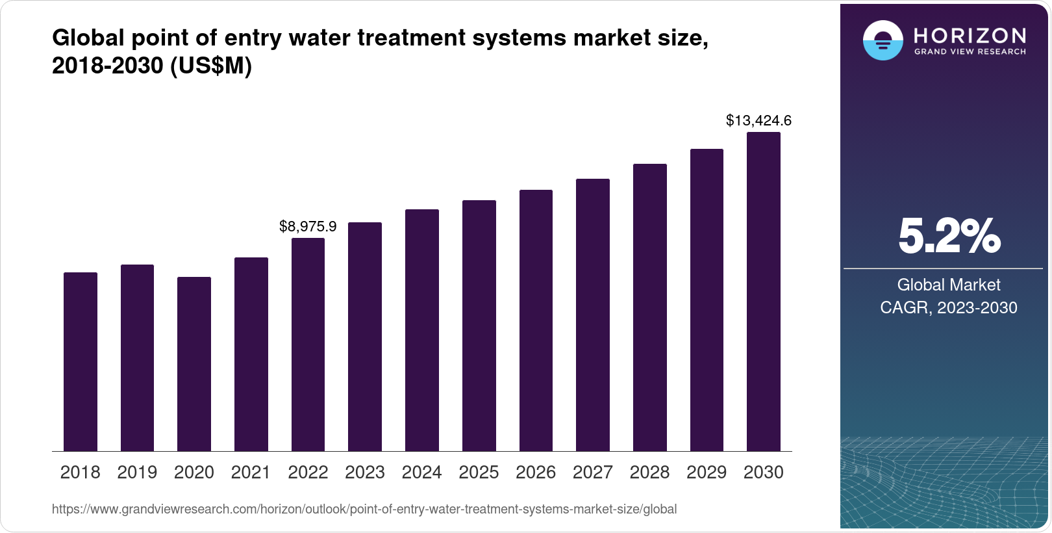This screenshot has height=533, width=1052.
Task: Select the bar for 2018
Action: (x=81, y=361)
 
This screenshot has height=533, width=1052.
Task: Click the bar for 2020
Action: (x=194, y=364)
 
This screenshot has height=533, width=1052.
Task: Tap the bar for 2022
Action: (x=308, y=344)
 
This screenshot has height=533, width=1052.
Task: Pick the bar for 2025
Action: (x=479, y=326)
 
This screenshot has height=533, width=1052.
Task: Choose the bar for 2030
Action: (x=764, y=292)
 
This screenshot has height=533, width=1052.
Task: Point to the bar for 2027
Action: (x=593, y=315)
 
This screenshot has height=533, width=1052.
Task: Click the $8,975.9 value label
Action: (x=308, y=226)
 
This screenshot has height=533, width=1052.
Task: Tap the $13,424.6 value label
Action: (x=758, y=120)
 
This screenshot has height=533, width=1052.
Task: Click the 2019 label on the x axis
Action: (x=137, y=473)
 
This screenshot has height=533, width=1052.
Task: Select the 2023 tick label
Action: (x=365, y=473)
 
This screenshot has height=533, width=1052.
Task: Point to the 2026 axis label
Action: (x=536, y=473)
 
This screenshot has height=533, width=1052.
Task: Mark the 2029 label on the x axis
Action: (x=707, y=473)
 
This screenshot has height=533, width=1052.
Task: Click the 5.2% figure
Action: (x=949, y=237)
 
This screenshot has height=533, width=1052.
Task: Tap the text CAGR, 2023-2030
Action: (x=949, y=307)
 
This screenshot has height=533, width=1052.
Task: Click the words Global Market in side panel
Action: (x=949, y=285)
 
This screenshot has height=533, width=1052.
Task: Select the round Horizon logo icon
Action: (x=883, y=40)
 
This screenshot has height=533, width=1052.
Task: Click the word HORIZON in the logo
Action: (x=970, y=35)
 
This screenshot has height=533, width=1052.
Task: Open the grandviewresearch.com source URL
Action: (x=364, y=510)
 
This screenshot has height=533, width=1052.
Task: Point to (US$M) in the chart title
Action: (x=210, y=66)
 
